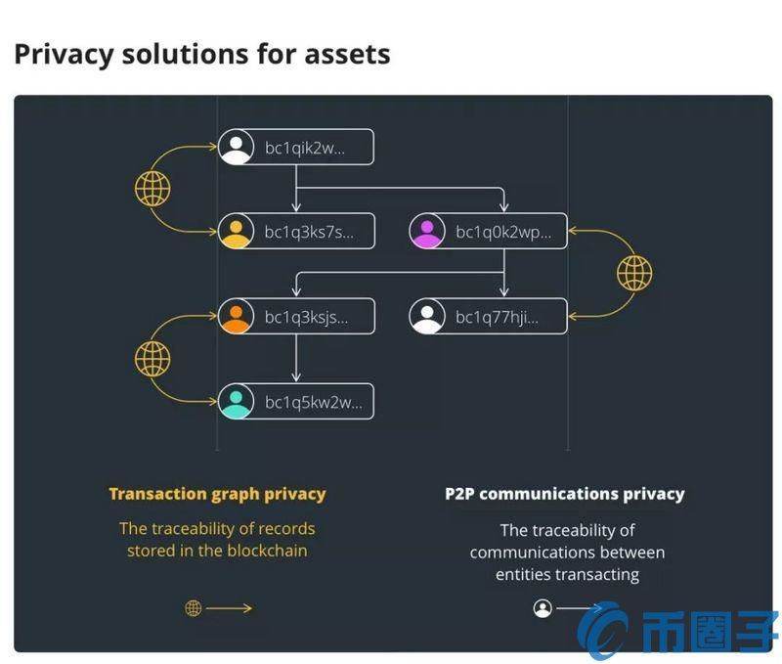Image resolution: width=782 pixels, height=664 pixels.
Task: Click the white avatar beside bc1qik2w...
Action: tap(237, 147)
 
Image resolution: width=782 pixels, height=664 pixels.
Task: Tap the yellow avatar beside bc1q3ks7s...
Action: tap(237, 232)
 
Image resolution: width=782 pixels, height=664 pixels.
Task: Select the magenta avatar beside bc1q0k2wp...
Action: tap(427, 232)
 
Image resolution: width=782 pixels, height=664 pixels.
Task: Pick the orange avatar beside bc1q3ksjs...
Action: tap(237, 316)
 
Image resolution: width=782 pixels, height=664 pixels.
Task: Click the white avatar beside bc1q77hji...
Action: tap(427, 316)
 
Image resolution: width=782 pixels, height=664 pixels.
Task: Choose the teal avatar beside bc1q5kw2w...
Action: tap(237, 401)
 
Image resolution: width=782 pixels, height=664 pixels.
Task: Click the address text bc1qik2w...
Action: tap(305, 148)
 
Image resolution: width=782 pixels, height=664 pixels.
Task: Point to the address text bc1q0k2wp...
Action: tap(503, 233)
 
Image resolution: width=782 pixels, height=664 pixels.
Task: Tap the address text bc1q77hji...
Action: tap(498, 317)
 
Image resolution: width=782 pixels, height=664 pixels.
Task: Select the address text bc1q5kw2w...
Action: tap(307, 402)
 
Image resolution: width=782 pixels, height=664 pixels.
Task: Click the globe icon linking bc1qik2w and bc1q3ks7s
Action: tap(152, 188)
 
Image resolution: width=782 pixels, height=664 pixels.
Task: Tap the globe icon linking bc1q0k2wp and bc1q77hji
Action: tap(634, 273)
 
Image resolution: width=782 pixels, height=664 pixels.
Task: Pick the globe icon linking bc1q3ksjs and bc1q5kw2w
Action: tap(152, 358)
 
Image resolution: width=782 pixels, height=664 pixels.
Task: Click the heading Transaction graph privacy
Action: tap(217, 494)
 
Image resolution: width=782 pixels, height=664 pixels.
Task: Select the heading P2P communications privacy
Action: tap(565, 494)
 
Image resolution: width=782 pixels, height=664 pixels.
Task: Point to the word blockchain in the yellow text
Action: tap(267, 551)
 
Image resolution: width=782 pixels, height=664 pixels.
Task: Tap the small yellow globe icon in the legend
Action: tap(194, 608)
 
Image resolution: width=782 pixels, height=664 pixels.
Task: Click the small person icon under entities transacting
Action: tap(543, 608)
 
